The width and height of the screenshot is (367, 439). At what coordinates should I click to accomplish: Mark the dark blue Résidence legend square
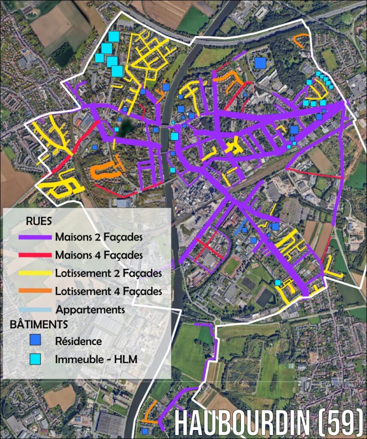point(35,341)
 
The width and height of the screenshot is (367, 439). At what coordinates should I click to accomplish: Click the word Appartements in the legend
point(90,310)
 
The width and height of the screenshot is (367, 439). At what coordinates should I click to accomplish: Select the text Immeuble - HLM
point(96,359)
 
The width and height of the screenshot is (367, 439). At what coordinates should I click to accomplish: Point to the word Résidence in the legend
point(79,341)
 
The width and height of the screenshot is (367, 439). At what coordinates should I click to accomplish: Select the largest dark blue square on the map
point(260,63)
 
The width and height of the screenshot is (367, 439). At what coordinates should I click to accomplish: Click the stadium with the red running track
point(232,266)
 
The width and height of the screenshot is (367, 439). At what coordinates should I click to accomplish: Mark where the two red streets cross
point(209,248)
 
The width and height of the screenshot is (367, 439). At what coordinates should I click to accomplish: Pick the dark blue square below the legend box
point(145,431)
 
